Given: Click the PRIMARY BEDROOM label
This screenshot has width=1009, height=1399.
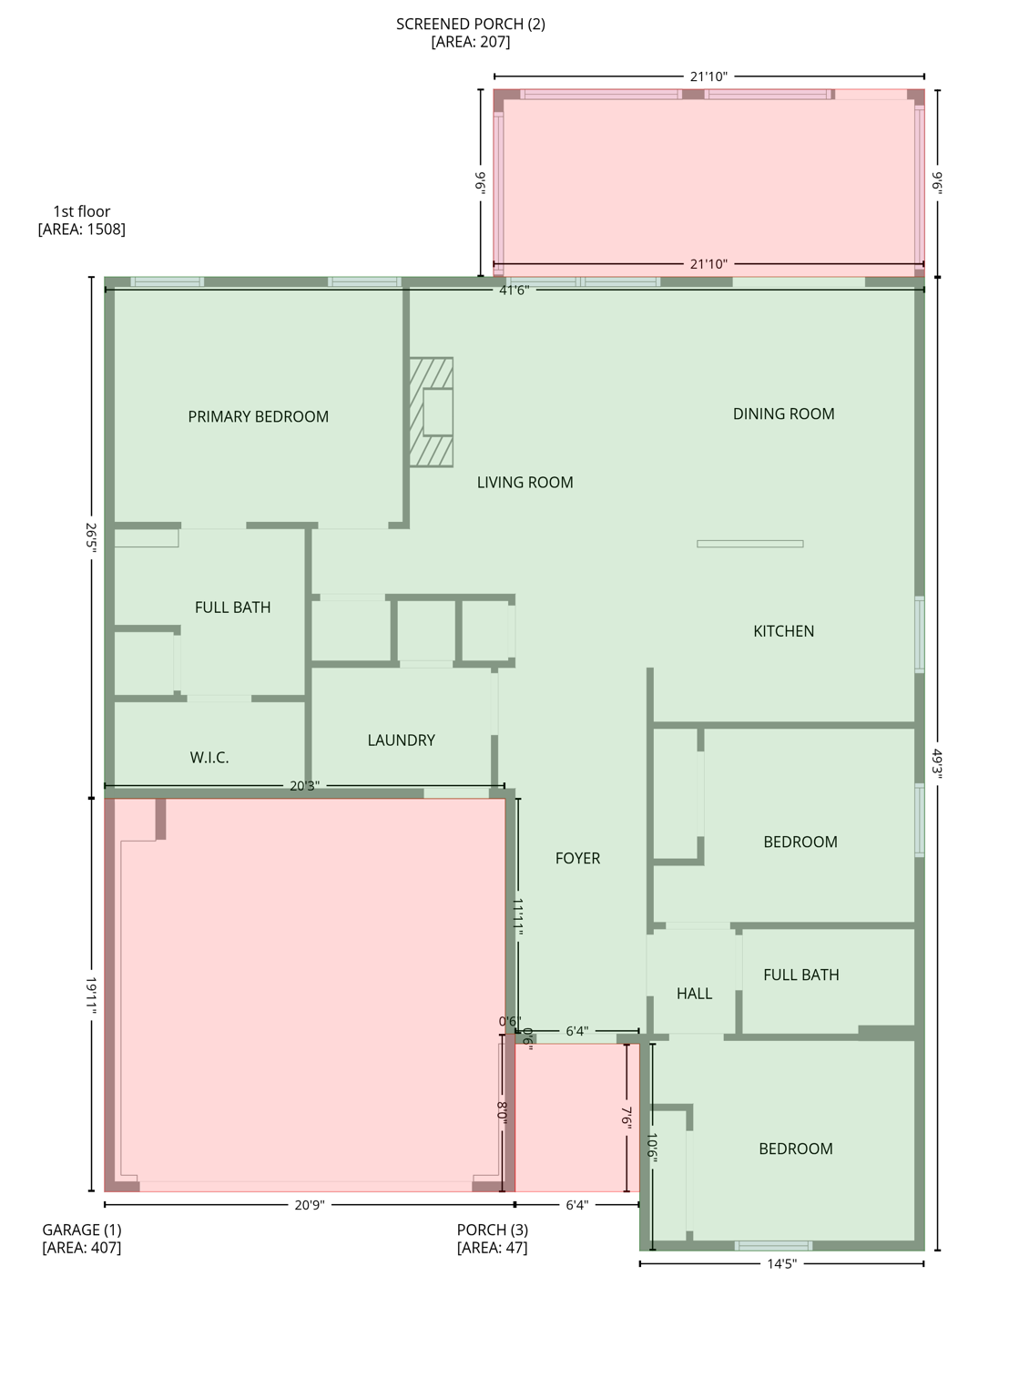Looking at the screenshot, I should [258, 417].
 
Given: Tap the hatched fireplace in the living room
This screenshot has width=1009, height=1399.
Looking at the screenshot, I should [431, 413].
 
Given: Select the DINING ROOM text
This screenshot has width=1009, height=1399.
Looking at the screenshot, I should [783, 414].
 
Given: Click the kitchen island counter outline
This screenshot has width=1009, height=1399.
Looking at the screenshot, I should [749, 544].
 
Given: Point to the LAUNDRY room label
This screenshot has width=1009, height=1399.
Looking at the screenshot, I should [401, 740].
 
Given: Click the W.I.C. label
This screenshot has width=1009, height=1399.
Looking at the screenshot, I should [209, 758].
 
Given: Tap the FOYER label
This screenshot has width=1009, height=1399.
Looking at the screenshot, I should [577, 858].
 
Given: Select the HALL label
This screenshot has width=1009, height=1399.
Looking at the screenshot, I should [694, 994].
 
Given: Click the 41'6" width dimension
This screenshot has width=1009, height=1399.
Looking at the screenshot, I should [514, 290].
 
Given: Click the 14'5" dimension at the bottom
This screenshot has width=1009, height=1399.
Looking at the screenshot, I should [781, 1263].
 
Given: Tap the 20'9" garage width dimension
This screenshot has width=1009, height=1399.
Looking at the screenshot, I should [309, 1204].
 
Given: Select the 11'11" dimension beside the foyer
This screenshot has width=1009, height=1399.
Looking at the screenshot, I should [518, 915].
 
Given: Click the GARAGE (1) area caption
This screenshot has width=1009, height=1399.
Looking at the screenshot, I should [81, 1239].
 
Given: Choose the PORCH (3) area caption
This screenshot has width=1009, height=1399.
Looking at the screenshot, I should [492, 1239].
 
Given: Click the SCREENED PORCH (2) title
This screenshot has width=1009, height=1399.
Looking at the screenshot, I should [470, 33].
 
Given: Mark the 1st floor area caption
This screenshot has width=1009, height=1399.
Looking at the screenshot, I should [81, 220].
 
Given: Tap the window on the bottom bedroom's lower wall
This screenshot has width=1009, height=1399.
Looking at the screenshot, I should [773, 1245].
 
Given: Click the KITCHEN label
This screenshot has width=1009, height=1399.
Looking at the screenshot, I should [783, 631].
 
